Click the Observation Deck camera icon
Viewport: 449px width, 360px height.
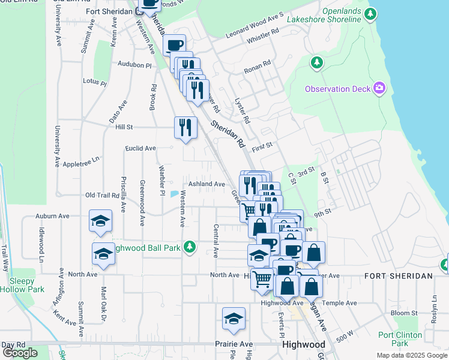(379, 89)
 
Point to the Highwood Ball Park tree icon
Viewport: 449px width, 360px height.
(190, 247)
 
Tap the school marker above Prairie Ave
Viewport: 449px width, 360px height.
(234, 319)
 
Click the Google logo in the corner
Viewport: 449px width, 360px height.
(19, 353)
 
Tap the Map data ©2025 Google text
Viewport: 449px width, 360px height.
(412, 355)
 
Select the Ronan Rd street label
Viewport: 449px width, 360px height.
(258, 66)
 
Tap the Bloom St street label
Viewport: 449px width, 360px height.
(403, 313)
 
